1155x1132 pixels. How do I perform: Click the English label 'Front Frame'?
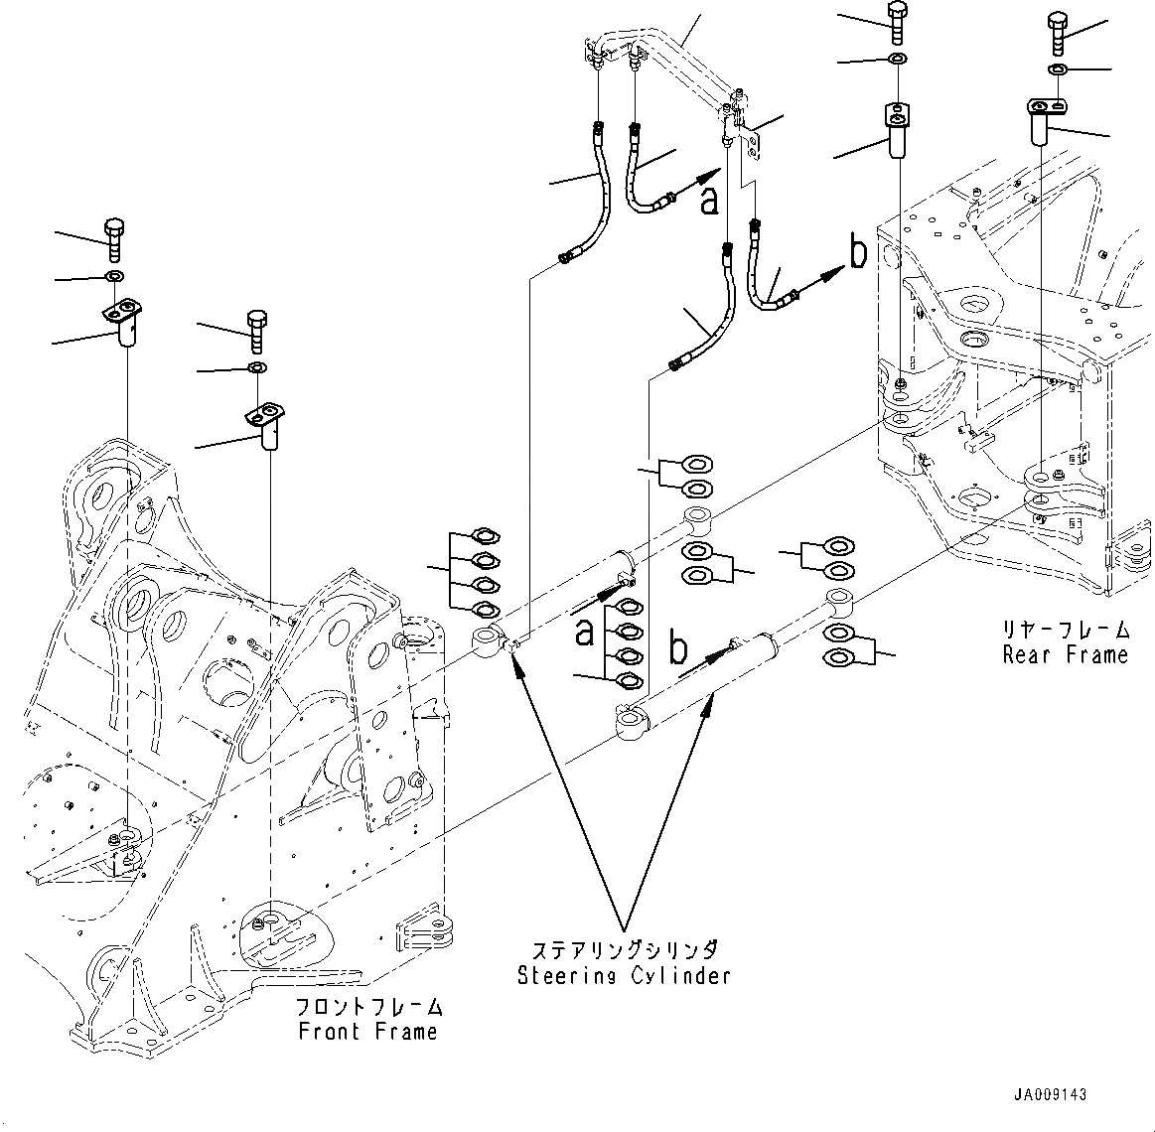tap(367, 1032)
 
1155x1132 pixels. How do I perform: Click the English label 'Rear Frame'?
tap(1065, 654)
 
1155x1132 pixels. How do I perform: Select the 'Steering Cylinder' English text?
tap(624, 975)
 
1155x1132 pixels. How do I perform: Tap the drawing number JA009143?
tap(1050, 1095)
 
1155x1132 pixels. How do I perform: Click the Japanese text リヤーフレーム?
tap(1066, 630)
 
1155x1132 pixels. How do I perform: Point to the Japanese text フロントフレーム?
tap(367, 1007)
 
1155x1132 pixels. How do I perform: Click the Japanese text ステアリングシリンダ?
tap(624, 950)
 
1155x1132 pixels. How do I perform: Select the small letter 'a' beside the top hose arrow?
tap(708, 199)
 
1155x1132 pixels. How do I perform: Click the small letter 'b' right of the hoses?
tap(858, 254)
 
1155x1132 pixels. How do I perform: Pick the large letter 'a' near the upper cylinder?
tap(586, 632)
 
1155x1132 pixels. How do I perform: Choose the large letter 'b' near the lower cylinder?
tap(678, 648)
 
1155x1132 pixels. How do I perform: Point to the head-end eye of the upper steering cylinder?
tap(489, 641)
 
